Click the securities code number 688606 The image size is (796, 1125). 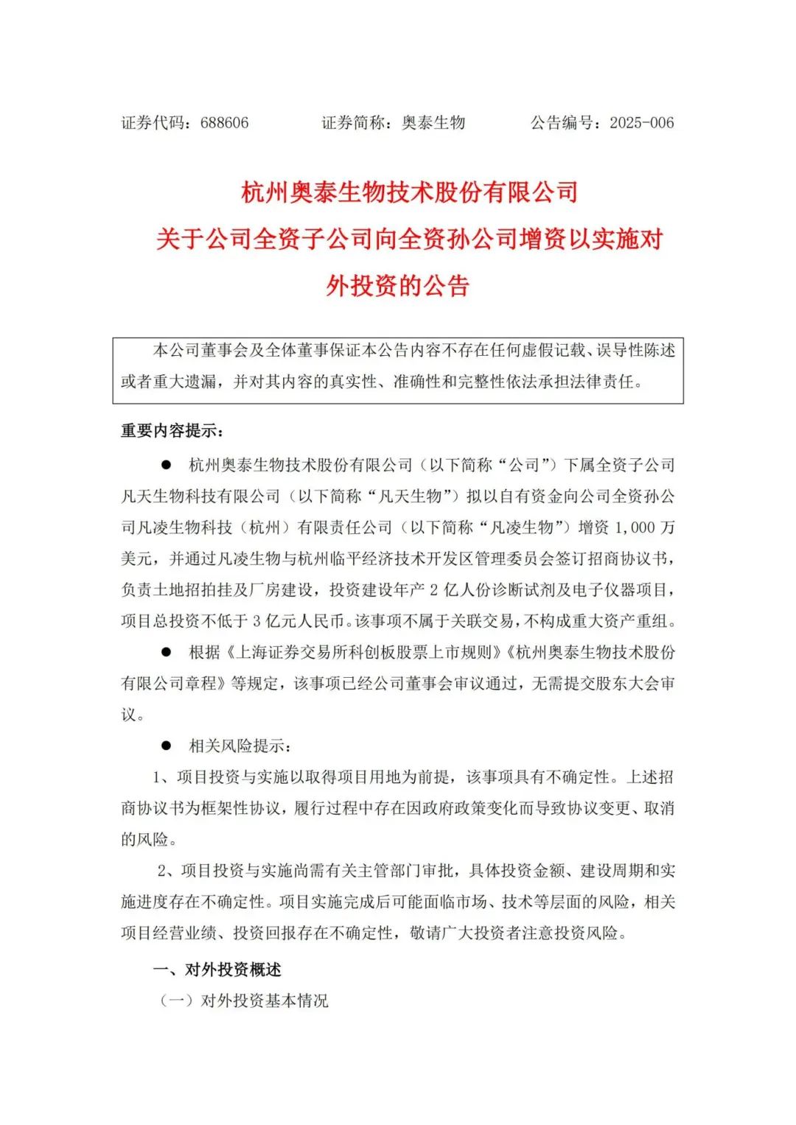point(224,123)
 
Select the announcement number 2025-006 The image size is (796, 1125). point(641,123)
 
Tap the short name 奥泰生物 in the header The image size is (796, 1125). point(433,123)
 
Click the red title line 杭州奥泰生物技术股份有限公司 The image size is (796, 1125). point(410,192)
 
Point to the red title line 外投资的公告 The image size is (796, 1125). point(398,286)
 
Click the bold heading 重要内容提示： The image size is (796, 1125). point(172,431)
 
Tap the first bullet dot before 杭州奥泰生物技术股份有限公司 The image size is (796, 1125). point(167,465)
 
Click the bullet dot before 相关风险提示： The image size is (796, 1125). point(167,746)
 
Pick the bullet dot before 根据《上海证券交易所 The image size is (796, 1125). point(167,652)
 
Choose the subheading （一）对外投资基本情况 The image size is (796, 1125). point(243,1000)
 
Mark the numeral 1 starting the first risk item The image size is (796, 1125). point(157,777)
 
